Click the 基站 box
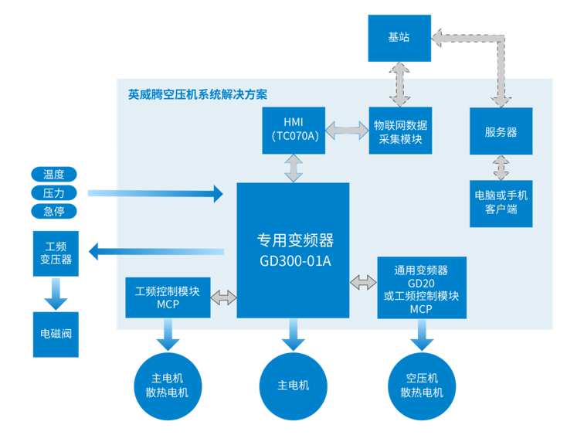pyautogui.click(x=399, y=37)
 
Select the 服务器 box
pyautogui.click(x=501, y=131)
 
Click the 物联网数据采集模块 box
pyautogui.click(x=400, y=130)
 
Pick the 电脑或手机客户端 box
pyautogui.click(x=501, y=202)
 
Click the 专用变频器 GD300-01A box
pyautogui.click(x=293, y=250)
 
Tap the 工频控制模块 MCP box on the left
pyautogui.click(x=168, y=297)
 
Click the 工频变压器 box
pyautogui.click(x=56, y=252)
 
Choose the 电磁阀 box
pyautogui.click(x=56, y=335)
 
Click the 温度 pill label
pyautogui.click(x=53, y=174)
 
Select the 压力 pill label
pyautogui.click(x=53, y=192)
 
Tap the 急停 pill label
pyautogui.click(x=53, y=211)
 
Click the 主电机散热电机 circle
pyautogui.click(x=167, y=386)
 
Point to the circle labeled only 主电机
pyautogui.click(x=294, y=386)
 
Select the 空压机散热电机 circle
pyautogui.click(x=422, y=386)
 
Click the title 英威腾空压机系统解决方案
pyautogui.click(x=198, y=95)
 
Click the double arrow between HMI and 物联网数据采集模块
pyautogui.click(x=346, y=130)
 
